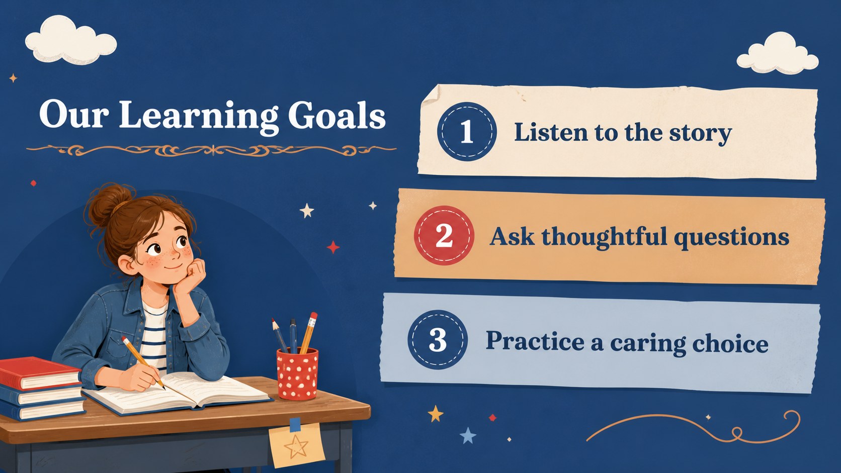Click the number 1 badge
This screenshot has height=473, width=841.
(x=467, y=132)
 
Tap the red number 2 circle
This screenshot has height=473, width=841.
(x=444, y=236)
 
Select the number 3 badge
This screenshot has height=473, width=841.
(x=438, y=340)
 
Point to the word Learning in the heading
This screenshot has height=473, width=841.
(x=199, y=116)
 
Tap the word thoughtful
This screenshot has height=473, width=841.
(x=604, y=237)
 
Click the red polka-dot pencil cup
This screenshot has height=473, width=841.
(x=297, y=374)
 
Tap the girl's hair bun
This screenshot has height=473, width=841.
(x=109, y=205)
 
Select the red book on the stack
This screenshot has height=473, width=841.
(x=39, y=373)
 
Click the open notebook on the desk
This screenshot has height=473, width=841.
(x=177, y=394)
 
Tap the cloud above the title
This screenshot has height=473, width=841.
(x=70, y=40)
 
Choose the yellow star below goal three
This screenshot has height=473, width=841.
(x=436, y=413)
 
